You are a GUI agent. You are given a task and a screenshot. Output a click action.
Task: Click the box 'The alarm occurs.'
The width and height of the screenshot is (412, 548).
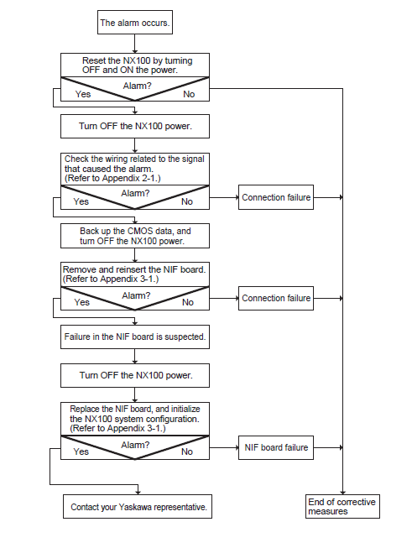135,23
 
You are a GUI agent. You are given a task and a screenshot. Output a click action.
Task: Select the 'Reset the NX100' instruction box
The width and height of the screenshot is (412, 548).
135,65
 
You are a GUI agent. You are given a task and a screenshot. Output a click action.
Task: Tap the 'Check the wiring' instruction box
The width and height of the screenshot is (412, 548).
135,169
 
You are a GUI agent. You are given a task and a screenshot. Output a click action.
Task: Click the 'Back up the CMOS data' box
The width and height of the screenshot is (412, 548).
135,236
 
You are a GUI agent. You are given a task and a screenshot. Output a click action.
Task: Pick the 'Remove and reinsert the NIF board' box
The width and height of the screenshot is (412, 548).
135,274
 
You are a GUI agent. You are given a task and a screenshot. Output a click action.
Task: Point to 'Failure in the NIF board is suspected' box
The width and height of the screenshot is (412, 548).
135,337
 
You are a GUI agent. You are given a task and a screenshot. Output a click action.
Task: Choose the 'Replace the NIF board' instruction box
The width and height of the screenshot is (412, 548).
135,419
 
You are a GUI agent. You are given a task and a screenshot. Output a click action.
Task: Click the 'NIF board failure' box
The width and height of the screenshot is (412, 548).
276,447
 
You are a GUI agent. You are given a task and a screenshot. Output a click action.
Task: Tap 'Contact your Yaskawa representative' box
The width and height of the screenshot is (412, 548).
138,506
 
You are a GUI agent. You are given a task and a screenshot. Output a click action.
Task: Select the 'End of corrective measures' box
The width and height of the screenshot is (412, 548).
342,506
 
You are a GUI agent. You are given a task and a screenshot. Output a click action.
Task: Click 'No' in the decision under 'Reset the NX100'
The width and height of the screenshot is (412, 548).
189,94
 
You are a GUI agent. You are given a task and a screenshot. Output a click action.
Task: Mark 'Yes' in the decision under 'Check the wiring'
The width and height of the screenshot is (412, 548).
81,201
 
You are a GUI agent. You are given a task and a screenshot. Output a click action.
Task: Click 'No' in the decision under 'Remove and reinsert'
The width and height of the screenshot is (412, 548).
188,302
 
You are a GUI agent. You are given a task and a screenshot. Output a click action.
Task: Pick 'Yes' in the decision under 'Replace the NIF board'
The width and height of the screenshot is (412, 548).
81,451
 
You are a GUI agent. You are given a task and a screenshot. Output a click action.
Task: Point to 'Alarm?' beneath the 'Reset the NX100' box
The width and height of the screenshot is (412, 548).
137,86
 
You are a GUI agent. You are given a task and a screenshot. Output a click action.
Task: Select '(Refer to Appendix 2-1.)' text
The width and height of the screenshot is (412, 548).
112,178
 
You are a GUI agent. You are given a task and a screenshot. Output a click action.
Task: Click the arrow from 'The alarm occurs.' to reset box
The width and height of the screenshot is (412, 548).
135,44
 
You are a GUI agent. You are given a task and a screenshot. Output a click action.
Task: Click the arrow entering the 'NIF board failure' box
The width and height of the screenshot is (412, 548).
224,447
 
